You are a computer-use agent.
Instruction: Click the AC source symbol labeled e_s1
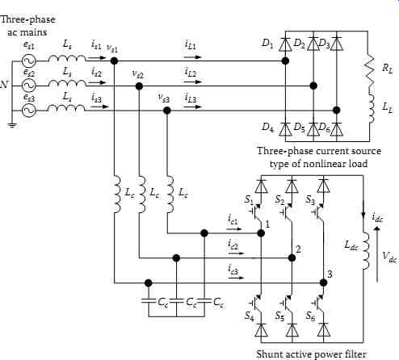point(28,61)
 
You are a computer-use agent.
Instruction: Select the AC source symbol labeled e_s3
point(28,111)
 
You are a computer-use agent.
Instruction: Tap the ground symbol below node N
point(12,125)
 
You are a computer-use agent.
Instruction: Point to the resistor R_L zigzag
point(370,69)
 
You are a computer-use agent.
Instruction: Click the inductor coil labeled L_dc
point(366,251)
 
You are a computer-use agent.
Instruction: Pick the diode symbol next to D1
point(285,44)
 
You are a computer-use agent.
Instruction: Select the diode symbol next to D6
point(337,129)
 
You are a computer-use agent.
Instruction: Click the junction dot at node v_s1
point(115,61)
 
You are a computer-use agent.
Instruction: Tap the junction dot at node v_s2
point(139,86)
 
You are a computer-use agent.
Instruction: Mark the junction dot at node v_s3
point(167,111)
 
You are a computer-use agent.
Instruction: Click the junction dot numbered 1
point(261,233)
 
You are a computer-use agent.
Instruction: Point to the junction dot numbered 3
point(323,283)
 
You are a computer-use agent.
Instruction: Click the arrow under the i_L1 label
point(192,57)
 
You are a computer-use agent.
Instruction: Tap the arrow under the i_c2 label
point(235,253)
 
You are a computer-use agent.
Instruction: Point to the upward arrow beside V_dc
point(377,254)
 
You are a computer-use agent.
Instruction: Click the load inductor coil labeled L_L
point(371,108)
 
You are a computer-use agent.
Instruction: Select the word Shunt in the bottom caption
point(271,354)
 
